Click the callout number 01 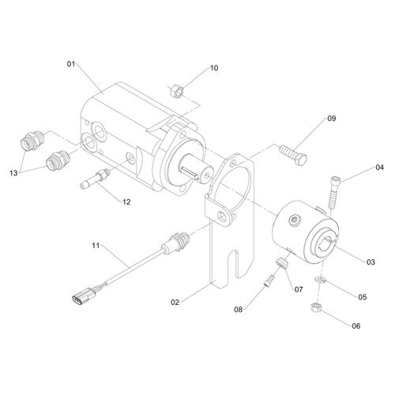point(71,64)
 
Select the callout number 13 point(13,173)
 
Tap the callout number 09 point(332,118)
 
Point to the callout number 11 point(96,246)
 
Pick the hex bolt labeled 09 point(293,156)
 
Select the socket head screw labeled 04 point(333,192)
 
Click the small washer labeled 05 point(320,280)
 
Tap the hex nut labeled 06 point(315,308)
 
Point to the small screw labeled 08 point(269,280)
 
